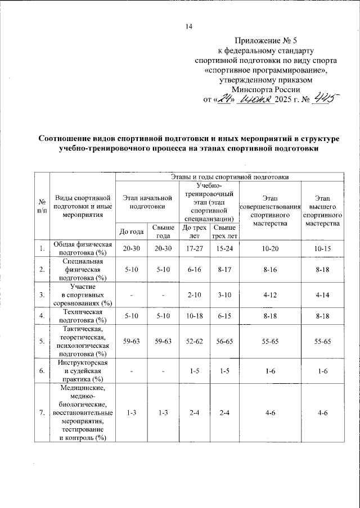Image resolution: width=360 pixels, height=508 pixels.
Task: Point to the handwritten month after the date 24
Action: pos(255,99)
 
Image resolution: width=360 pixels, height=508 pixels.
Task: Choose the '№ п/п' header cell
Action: pos(42,206)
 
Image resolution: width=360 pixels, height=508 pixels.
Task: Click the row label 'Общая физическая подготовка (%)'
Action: pos(83,248)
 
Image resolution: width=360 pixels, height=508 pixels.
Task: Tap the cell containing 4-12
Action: pos(271,294)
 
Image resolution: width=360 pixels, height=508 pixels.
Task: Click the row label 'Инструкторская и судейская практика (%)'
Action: pos(83,371)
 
